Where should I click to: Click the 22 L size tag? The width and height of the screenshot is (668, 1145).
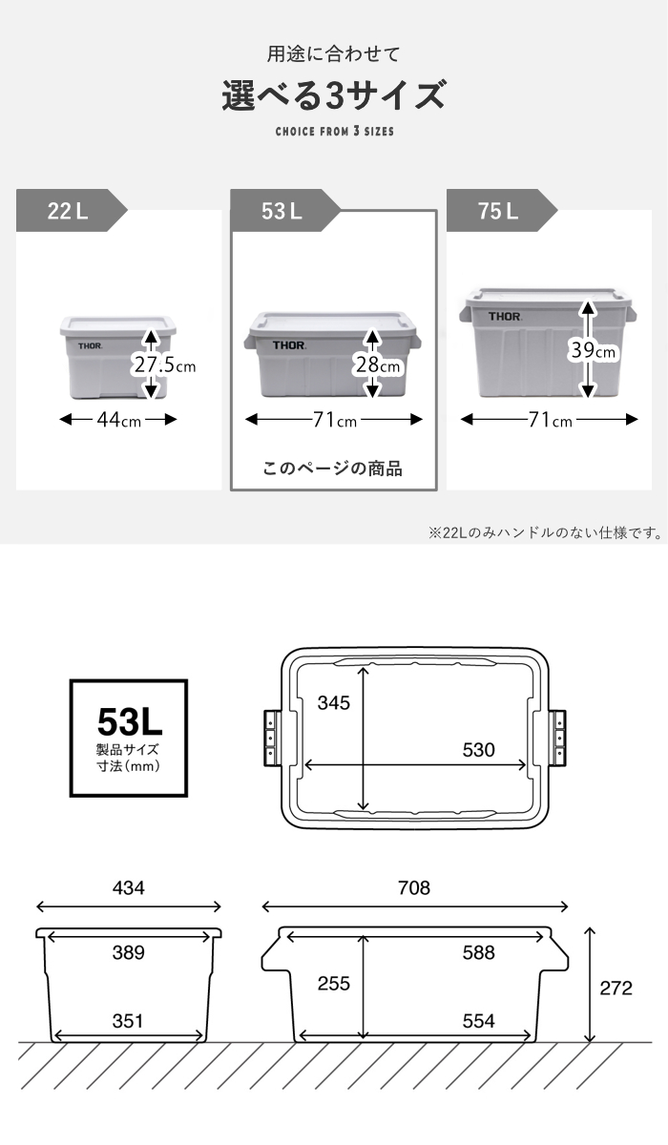pyautogui.click(x=71, y=211)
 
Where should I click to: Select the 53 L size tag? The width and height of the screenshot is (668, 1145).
pyautogui.click(x=284, y=211)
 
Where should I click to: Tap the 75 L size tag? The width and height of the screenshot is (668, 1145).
pyautogui.click(x=501, y=211)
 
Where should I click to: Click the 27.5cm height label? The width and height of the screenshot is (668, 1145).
pyautogui.click(x=164, y=365)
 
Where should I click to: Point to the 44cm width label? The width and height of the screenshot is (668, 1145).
pyautogui.click(x=118, y=420)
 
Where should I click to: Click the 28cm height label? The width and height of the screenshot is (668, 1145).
pyautogui.click(x=378, y=365)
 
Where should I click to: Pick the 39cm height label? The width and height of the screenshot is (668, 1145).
pyautogui.click(x=593, y=351)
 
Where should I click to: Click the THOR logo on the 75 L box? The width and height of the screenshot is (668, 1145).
pyautogui.click(x=505, y=317)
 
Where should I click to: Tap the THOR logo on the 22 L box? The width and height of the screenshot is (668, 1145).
pyautogui.click(x=90, y=346)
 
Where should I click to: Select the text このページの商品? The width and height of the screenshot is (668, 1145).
pyautogui.click(x=333, y=468)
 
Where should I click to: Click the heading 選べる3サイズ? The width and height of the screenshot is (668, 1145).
pyautogui.click(x=334, y=95)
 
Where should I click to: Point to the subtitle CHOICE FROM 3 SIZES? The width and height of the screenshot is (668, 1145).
pyautogui.click(x=335, y=132)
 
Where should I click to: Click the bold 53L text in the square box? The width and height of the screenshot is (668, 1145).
pyautogui.click(x=130, y=721)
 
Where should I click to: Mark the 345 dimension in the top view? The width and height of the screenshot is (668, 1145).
pyautogui.click(x=334, y=702)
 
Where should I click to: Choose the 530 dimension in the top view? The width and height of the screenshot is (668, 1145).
pyautogui.click(x=479, y=749)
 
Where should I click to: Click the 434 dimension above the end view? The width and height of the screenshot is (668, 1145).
pyautogui.click(x=129, y=888)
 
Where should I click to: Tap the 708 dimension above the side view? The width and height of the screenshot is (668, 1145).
pyautogui.click(x=414, y=888)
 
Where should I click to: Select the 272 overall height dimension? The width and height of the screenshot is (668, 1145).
pyautogui.click(x=616, y=989)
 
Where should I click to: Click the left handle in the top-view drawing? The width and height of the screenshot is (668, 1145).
pyautogui.click(x=273, y=738)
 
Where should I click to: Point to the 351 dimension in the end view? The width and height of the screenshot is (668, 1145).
pyautogui.click(x=128, y=1021)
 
